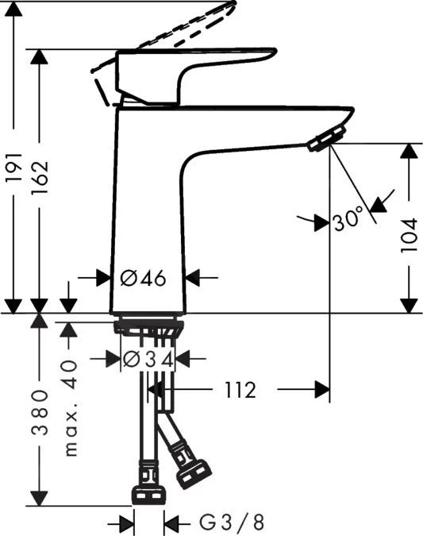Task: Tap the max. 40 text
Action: coord(71,408)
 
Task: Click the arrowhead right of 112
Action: coord(321,390)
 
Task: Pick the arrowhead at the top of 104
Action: coord(410,152)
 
